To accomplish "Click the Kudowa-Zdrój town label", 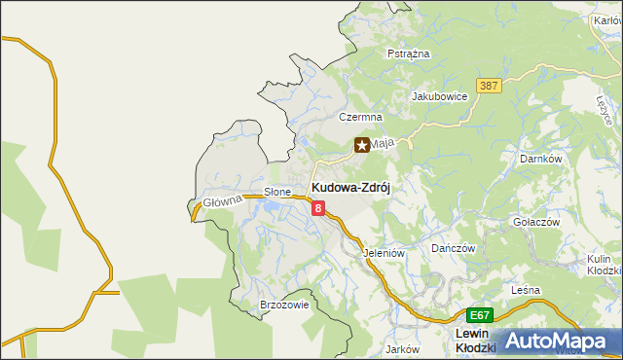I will click(350, 188).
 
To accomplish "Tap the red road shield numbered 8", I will click(318, 207).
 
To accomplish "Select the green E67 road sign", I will click(480, 316).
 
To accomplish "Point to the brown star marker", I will click(362, 145).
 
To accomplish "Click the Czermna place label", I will click(357, 117).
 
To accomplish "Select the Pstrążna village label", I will click(408, 54).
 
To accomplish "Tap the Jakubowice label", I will click(440, 96).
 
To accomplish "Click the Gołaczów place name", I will click(536, 222).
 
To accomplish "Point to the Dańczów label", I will click(454, 249).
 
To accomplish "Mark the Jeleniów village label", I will click(384, 253).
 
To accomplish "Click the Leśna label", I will click(526, 291).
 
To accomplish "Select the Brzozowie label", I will click(284, 305).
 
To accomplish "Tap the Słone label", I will click(278, 193).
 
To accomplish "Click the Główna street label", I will click(222, 202).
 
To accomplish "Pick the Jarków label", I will click(401, 348).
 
